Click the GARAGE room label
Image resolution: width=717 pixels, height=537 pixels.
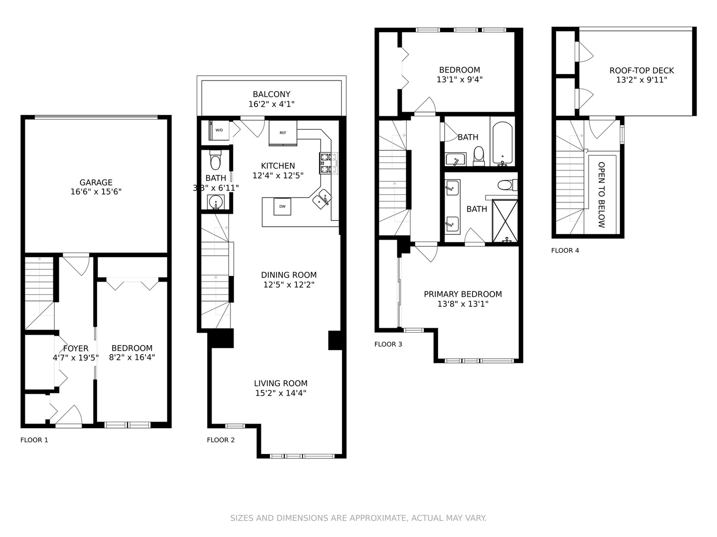(96, 182)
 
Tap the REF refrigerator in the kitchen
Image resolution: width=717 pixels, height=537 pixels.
(283, 133)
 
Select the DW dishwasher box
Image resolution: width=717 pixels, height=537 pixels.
(282, 206)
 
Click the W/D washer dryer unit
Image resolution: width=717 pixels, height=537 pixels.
(219, 130)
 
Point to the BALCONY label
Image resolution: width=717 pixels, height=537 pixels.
(271, 94)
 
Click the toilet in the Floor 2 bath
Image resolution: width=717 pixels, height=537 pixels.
(216, 161)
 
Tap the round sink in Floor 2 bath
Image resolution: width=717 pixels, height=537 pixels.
(216, 202)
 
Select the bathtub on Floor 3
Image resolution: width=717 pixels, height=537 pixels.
(502, 143)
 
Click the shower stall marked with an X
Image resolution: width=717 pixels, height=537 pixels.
(505, 221)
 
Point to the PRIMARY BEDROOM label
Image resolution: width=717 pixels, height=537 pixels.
(463, 294)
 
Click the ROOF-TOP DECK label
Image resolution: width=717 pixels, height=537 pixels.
(641, 71)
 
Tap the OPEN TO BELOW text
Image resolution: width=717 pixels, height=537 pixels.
(601, 194)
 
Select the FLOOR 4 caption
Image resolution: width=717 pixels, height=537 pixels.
(565, 251)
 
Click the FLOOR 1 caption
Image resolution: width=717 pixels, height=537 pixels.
(34, 440)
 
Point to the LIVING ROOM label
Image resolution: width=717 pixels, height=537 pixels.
(281, 383)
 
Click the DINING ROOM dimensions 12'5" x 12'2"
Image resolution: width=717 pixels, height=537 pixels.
(289, 285)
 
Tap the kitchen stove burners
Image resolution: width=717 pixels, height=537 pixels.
(328, 164)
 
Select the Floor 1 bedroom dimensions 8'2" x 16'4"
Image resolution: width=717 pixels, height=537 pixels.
(132, 358)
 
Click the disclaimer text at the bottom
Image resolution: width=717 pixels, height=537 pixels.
(358, 518)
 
